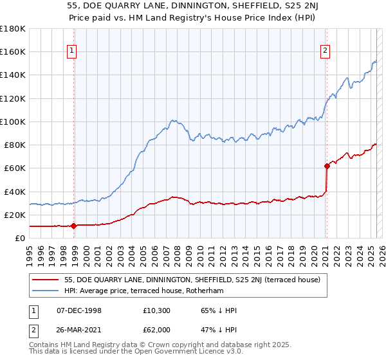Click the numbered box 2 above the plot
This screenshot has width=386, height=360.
[x=326, y=51]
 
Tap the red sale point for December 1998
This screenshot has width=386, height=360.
[x=73, y=226]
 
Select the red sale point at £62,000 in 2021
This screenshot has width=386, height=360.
[x=327, y=166]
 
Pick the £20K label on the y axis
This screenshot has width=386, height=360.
[x=15, y=215]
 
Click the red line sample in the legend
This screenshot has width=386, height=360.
[x=46, y=278]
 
